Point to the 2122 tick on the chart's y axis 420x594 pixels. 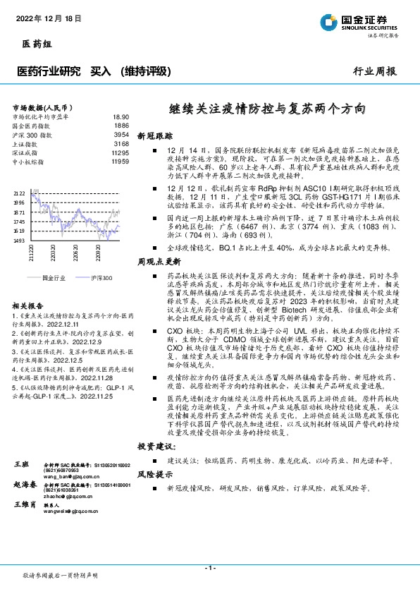19,193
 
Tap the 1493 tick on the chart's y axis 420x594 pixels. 19,241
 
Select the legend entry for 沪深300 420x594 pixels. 98,278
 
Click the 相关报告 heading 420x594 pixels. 27,305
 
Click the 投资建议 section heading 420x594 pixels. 156,447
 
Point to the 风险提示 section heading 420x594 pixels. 154,475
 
